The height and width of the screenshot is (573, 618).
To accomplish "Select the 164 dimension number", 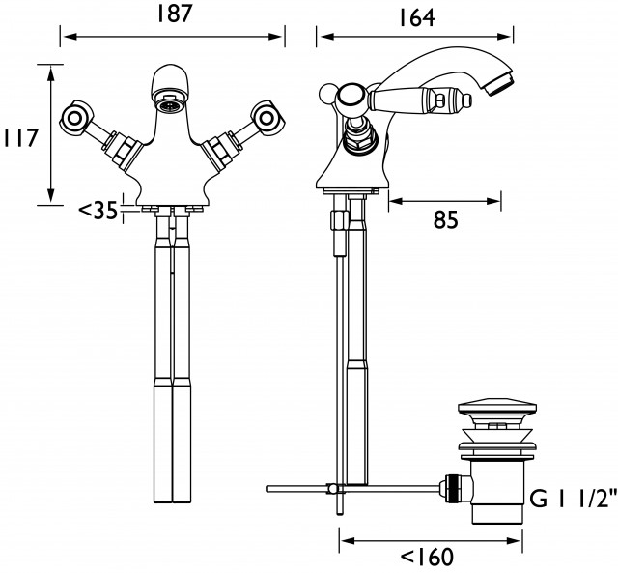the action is pyautogui.click(x=416, y=17).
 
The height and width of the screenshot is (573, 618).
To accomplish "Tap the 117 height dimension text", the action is pyautogui.click(x=20, y=137).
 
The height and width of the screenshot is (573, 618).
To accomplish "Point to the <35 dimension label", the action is pyautogui.click(x=98, y=211).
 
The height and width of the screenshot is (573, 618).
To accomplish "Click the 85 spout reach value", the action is pyautogui.click(x=446, y=219).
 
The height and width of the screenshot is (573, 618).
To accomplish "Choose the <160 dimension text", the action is pyautogui.click(x=427, y=557).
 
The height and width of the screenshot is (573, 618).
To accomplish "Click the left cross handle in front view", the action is pyautogui.click(x=76, y=117).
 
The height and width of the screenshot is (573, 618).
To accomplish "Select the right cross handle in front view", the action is pyautogui.click(x=267, y=117).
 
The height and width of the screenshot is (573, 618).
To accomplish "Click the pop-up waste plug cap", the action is pyautogui.click(x=497, y=411).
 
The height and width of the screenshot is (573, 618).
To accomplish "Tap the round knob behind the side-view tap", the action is pyautogui.click(x=326, y=94).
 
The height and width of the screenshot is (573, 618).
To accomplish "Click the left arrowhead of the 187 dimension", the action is pyautogui.click(x=70, y=37).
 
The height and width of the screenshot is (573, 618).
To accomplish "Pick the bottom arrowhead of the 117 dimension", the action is pyautogui.click(x=50, y=196).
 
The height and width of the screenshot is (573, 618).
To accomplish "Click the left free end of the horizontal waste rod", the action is pyautogui.click(x=268, y=489).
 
